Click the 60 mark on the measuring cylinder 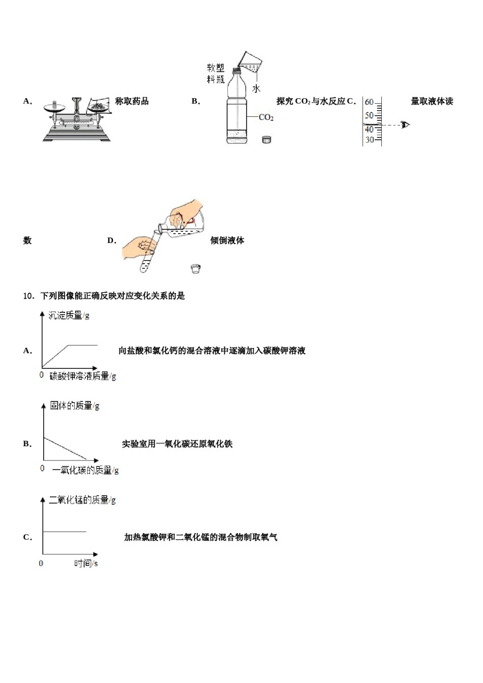point(369,102)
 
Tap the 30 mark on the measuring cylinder point(370,140)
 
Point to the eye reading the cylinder point(405,125)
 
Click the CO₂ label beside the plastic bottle point(266,117)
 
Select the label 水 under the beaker point(256,89)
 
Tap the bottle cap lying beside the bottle point(266,139)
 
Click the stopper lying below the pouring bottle point(196,269)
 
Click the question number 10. point(28,296)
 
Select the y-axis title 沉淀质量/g point(69,315)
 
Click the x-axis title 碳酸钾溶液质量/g point(83,376)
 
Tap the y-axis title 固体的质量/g point(74,406)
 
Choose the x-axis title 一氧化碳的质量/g point(85,470)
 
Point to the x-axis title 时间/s point(86,563)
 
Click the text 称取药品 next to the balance point(132,101)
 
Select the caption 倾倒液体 point(227,240)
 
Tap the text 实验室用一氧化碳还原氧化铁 point(177,444)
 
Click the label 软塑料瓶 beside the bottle point(216,74)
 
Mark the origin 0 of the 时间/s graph point(41,563)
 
